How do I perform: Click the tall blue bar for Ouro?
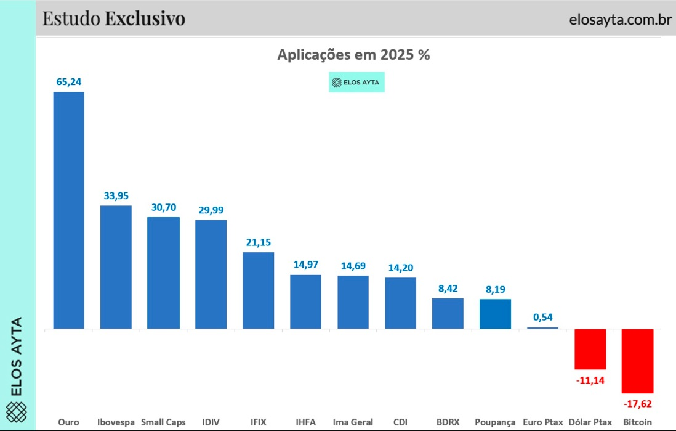coord(68,210)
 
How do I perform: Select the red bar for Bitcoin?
coord(637,361)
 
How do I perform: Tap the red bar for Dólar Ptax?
coord(590,349)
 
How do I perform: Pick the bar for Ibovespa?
coord(116,266)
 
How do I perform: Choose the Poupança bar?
coord(495,314)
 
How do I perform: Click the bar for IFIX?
coord(258,290)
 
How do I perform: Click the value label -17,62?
coord(638,404)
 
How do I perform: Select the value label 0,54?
coord(542,317)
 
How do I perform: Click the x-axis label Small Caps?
coord(163,422)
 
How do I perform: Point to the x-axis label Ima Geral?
coord(353,422)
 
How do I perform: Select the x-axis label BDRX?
coord(448,422)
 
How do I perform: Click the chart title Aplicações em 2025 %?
coord(353,54)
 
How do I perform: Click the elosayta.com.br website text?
coord(620,19)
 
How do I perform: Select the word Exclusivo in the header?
coord(145,18)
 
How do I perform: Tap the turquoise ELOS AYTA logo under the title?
coord(356,82)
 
